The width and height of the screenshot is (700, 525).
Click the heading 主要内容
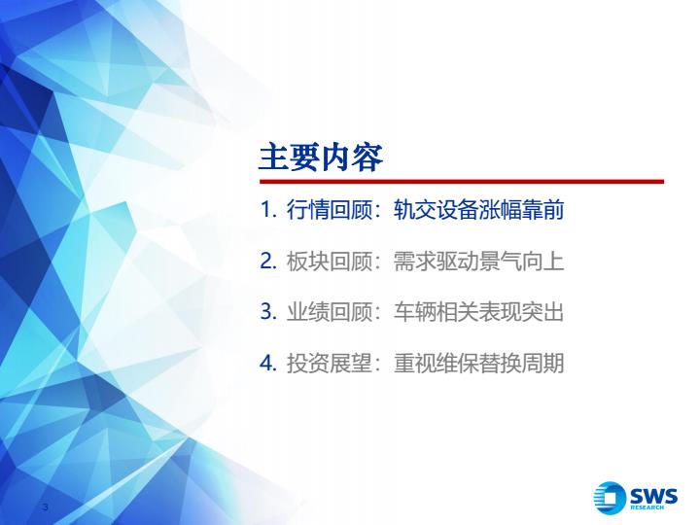pyautogui.click(x=321, y=157)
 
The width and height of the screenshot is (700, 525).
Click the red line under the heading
pyautogui.click(x=462, y=181)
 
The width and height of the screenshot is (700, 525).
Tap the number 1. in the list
pyautogui.click(x=268, y=210)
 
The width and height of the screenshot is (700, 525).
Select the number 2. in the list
pyautogui.click(x=268, y=262)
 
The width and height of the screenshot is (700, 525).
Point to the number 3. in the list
pyautogui.click(x=268, y=312)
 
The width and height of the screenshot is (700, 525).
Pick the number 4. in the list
pyautogui.click(x=268, y=363)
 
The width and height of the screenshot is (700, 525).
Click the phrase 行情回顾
pyautogui.click(x=330, y=210)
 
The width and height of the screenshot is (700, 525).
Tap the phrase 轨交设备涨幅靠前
pyautogui.click(x=479, y=210)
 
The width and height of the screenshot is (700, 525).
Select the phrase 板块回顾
pyautogui.click(x=330, y=262)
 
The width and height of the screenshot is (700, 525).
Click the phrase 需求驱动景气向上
pyautogui.click(x=479, y=262)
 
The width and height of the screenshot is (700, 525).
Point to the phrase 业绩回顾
pyautogui.click(x=330, y=312)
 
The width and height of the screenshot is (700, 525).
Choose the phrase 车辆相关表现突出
pyautogui.click(x=479, y=312)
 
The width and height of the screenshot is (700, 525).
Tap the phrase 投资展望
pyautogui.click(x=330, y=363)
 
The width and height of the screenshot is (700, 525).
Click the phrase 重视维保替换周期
pyautogui.click(x=479, y=363)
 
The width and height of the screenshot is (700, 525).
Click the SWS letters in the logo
pyautogui.click(x=653, y=496)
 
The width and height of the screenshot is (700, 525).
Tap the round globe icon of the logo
pyautogui.click(x=610, y=498)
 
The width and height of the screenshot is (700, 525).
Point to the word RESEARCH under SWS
pyautogui.click(x=647, y=507)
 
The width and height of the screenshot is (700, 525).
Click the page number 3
pyautogui.click(x=45, y=507)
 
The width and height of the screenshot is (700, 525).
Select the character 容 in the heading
pyautogui.click(x=367, y=157)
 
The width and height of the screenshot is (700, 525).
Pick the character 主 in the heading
pyautogui.click(x=274, y=157)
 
